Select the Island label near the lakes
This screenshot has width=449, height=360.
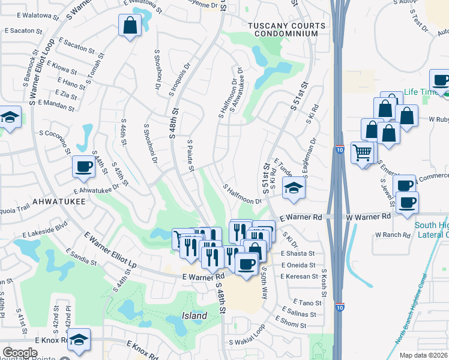click(194, 316)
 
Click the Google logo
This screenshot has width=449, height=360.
click(20, 353)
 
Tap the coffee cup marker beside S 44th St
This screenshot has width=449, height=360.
click(84, 166)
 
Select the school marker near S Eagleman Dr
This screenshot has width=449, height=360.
click(294, 188)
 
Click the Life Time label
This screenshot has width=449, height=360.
click(419, 92)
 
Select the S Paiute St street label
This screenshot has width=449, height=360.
click(190, 155)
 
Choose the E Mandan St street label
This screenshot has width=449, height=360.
click(56, 106)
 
